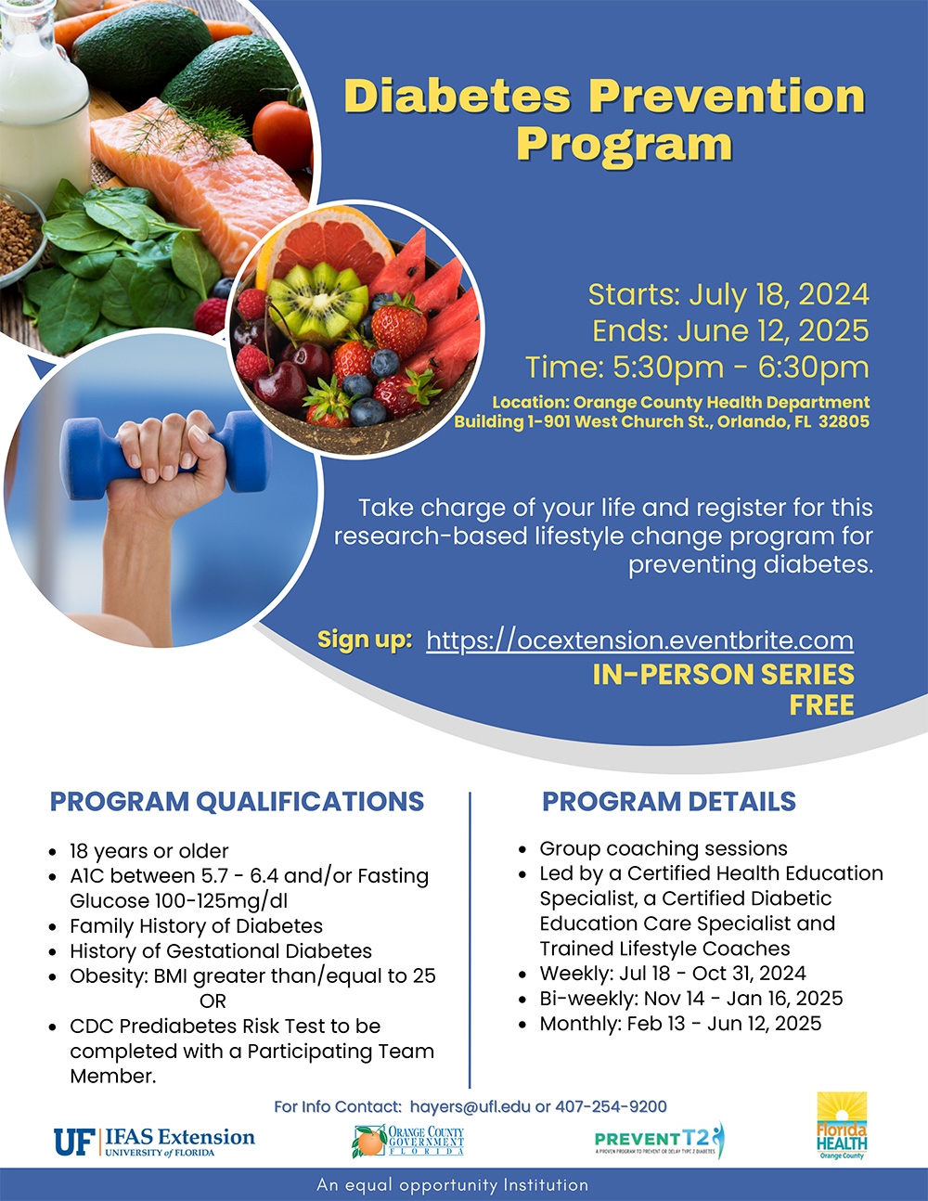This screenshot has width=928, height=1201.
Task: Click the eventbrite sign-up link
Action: [639, 640]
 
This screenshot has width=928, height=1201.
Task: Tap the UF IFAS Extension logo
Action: [154, 1143]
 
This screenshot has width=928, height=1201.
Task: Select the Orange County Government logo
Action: [407, 1141]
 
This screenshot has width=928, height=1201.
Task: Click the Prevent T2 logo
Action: [660, 1140]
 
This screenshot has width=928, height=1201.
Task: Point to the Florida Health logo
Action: [842, 1125]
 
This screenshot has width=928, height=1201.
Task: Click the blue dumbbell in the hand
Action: [166, 454]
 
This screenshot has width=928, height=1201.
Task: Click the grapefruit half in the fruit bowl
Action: [325, 242]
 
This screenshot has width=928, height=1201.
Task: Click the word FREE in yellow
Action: [821, 705]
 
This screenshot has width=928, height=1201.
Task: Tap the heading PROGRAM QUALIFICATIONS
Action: [237, 801]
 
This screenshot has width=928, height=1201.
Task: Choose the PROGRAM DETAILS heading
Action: [669, 801]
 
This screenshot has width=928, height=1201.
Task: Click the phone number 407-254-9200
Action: [611, 1106]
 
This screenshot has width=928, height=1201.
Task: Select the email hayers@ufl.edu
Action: [470, 1107]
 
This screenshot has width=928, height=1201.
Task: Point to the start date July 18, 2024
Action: [779, 294]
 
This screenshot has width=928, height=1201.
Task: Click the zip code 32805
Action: [844, 421]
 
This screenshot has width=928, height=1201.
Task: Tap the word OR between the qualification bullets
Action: [213, 1001]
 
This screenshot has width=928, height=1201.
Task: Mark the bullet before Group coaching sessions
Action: [522, 849]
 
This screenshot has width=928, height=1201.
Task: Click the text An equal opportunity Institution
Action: [453, 1185]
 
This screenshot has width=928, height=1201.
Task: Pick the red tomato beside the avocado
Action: [283, 136]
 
